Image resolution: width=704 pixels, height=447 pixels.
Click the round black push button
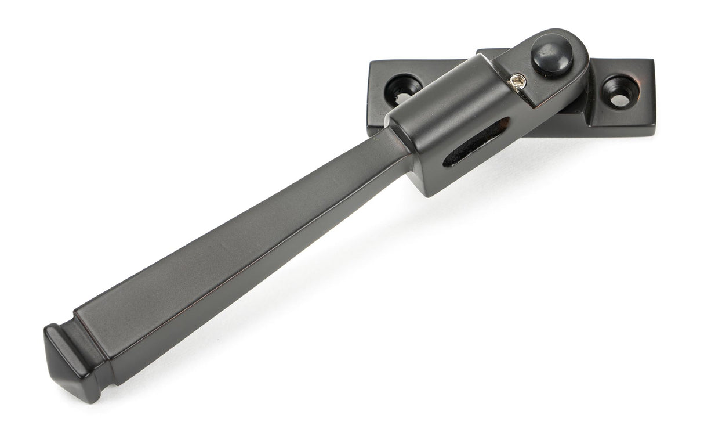pos(551,59)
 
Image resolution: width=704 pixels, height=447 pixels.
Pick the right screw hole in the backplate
pos(619,93)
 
